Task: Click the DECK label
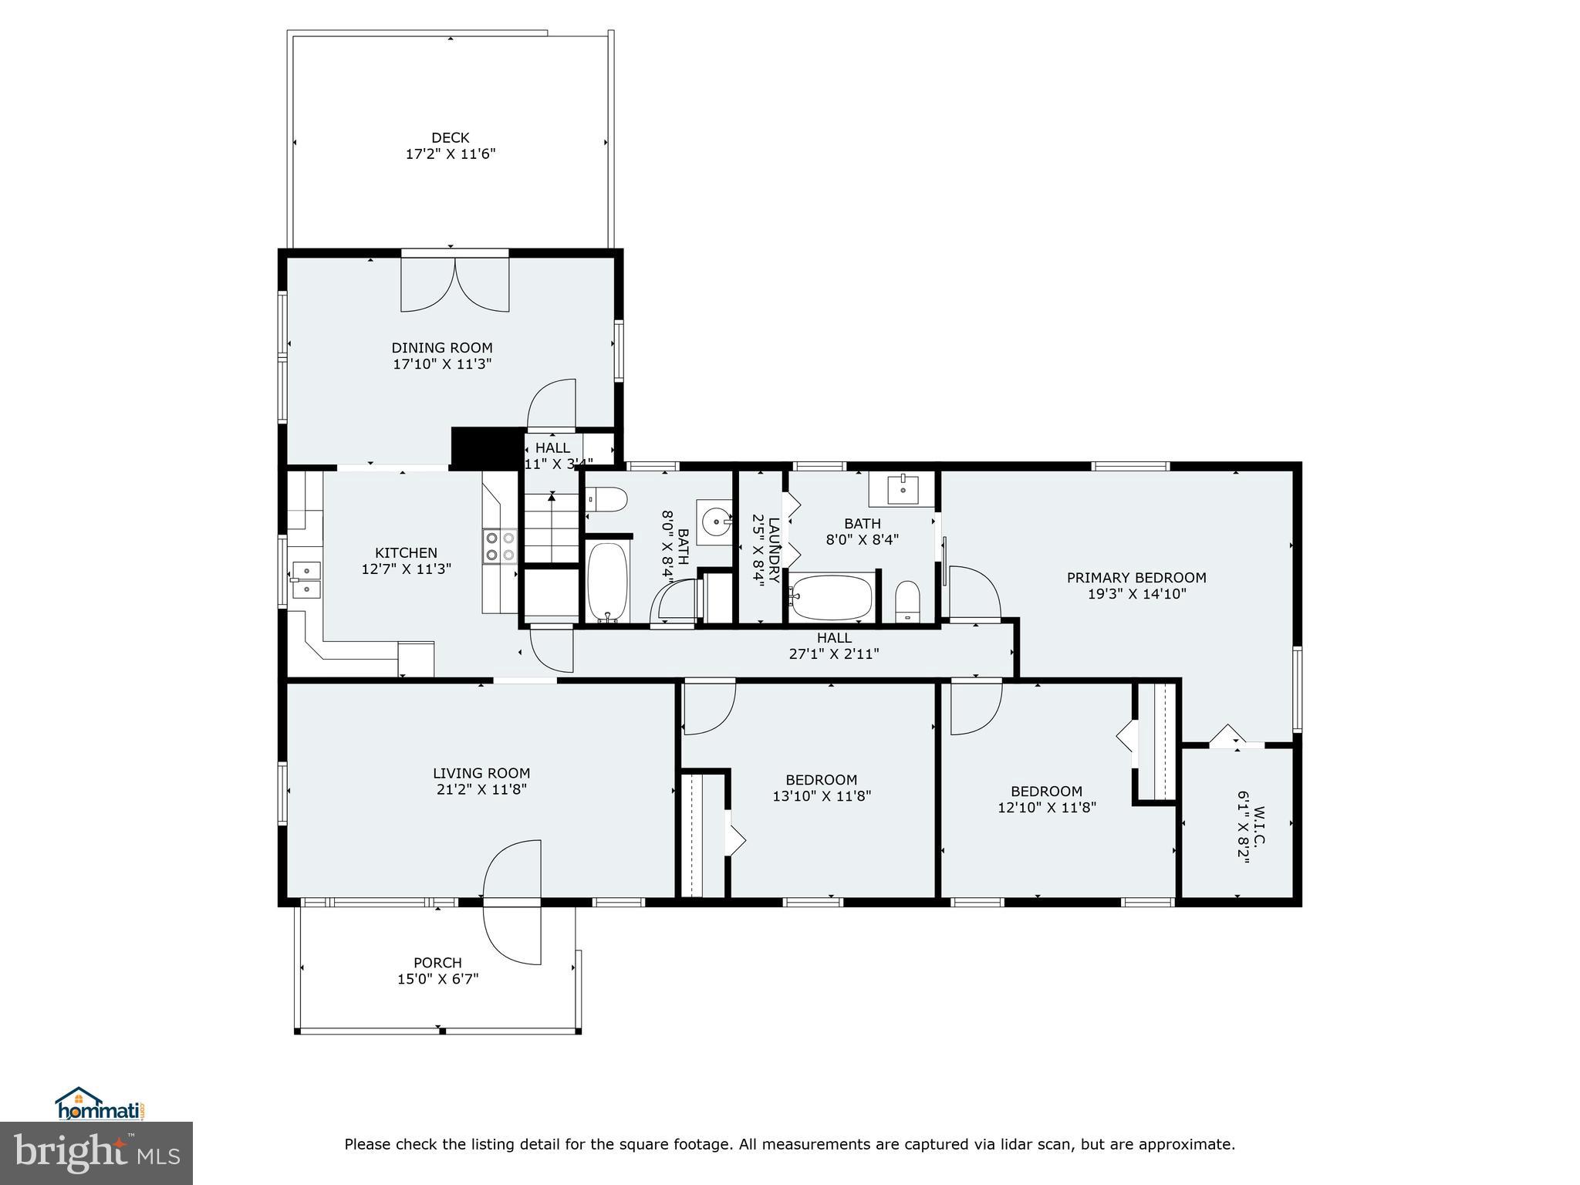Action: tap(450, 138)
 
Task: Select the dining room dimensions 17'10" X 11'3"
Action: tap(442, 363)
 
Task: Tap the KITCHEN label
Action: tap(406, 552)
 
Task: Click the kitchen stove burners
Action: tap(499, 546)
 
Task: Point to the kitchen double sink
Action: tap(306, 579)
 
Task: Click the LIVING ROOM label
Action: tap(481, 773)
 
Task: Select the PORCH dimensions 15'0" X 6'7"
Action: tap(437, 979)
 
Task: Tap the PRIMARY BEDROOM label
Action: tap(1136, 577)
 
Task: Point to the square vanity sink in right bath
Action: tap(902, 488)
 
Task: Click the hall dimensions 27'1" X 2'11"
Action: tap(834, 654)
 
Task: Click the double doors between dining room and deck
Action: tap(455, 284)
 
